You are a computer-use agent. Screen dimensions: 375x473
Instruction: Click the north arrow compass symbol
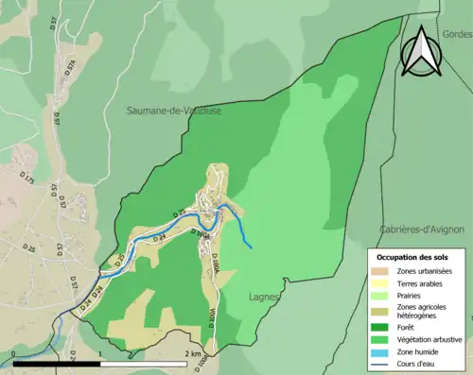click(x=420, y=50)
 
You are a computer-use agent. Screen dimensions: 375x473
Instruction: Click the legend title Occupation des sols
click(x=412, y=257)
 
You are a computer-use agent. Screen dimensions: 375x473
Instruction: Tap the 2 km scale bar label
click(x=194, y=354)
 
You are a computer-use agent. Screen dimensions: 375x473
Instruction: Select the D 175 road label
click(x=29, y=179)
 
